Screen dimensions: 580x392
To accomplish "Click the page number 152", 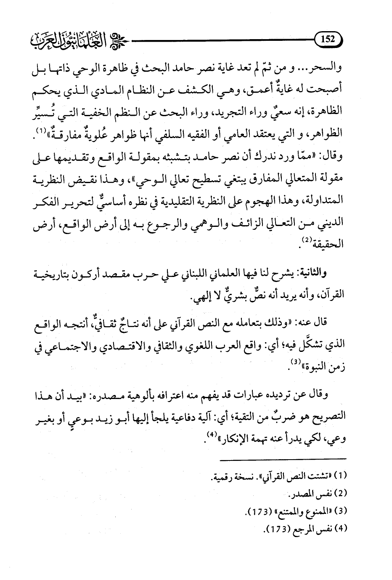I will click(328, 40).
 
